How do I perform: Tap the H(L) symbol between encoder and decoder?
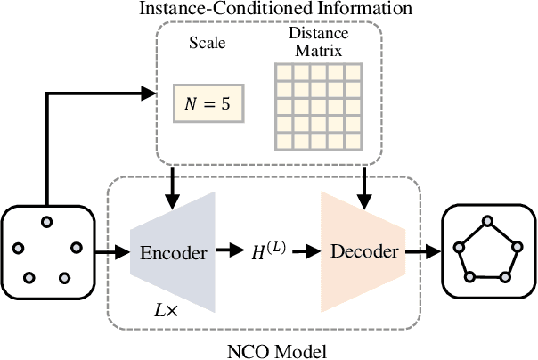coord(266,252)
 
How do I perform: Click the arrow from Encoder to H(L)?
coord(229,252)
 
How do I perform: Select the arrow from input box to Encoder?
coord(110,253)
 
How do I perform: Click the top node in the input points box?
coord(47,222)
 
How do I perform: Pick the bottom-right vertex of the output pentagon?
coord(505,277)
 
